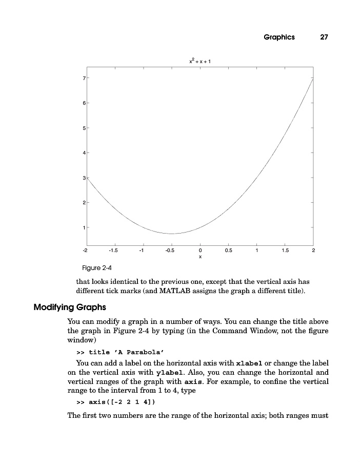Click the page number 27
[324, 37]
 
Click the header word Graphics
[279, 37]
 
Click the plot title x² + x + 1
[200, 62]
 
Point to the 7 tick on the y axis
[84, 78]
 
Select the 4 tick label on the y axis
[84, 153]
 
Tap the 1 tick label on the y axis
[84, 227]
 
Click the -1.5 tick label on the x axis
[113, 250]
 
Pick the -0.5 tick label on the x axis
[170, 250]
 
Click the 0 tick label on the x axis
[200, 250]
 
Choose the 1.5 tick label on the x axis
[285, 250]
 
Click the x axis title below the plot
[200, 256]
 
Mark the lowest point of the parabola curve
[172, 234]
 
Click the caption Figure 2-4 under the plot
[97, 267]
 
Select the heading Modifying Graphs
[69, 307]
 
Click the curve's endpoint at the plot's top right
[313, 78]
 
